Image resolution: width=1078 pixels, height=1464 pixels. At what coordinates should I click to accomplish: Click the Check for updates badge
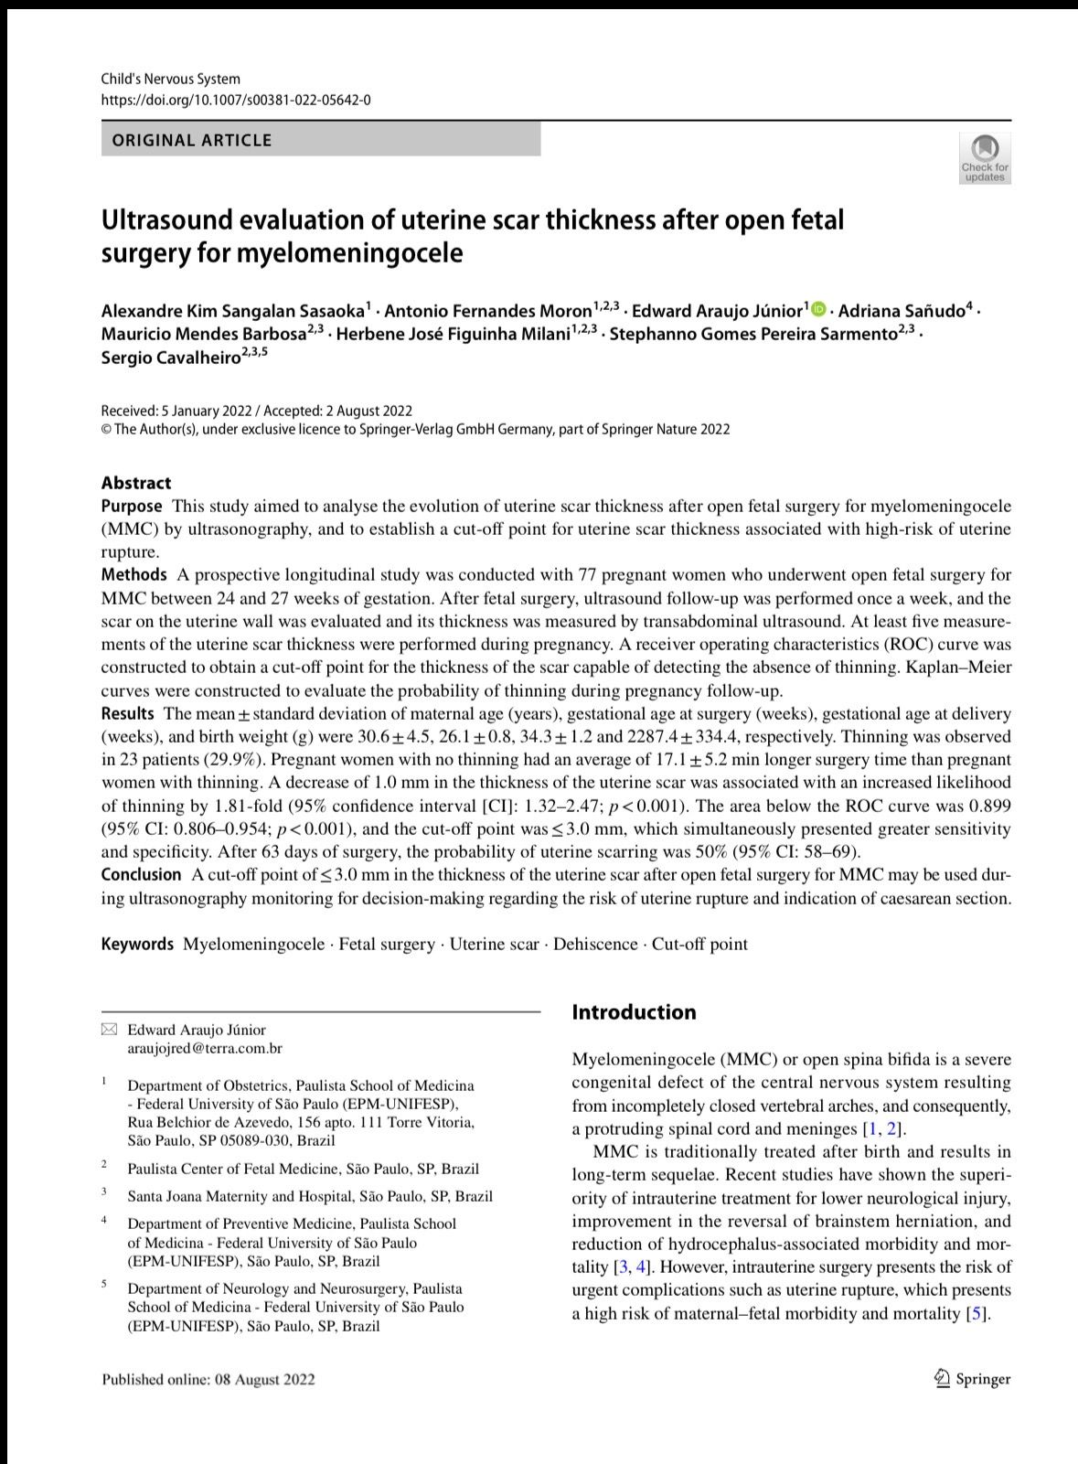click(x=984, y=158)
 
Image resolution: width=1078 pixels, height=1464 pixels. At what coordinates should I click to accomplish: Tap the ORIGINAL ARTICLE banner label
click(x=192, y=140)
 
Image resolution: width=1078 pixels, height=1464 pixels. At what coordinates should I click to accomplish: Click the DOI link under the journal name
click(x=236, y=100)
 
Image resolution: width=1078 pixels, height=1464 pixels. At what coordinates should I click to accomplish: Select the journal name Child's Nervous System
click(x=171, y=80)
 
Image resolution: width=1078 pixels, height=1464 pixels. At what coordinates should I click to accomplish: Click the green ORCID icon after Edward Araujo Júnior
click(x=817, y=309)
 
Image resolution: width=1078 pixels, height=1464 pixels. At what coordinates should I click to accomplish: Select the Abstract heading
click(x=136, y=483)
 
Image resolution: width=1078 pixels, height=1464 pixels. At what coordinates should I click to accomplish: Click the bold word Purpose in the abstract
click(x=132, y=506)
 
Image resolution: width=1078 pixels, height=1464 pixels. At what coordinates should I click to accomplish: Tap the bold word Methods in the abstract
click(x=133, y=575)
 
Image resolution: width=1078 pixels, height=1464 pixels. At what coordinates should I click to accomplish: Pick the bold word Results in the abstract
click(x=128, y=713)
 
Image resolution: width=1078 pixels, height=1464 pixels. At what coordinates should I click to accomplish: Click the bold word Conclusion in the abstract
click(x=141, y=875)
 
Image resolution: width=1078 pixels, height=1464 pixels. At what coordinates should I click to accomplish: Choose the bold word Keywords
click(x=137, y=944)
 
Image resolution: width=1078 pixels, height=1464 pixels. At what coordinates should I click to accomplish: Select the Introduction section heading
click(x=634, y=1012)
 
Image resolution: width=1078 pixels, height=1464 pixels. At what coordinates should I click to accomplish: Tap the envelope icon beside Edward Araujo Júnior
click(x=110, y=1031)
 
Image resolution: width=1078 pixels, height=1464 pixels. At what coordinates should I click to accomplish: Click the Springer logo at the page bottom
click(x=973, y=1379)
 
